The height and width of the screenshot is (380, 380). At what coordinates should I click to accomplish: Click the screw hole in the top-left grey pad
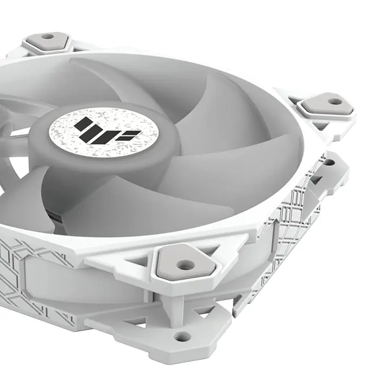click(x=48, y=37)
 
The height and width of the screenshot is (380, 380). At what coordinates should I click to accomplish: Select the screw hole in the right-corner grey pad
click(x=334, y=100)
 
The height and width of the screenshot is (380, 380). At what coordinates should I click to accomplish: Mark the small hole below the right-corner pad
click(x=328, y=161)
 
